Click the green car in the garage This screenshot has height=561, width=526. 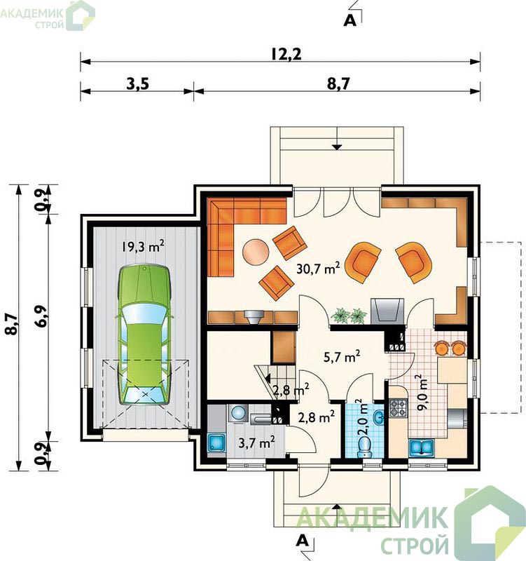144,335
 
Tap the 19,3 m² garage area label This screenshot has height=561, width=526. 143,246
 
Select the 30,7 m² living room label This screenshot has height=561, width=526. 318,268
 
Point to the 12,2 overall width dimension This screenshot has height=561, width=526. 286,55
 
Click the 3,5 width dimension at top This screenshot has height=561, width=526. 137,84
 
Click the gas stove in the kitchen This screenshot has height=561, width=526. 398,408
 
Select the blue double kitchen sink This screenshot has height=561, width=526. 422,447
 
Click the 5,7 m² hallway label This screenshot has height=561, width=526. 341,357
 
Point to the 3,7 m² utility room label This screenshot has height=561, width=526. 256,443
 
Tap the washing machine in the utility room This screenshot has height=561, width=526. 238,413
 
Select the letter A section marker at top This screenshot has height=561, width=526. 349,21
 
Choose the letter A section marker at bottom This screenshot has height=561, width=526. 303,541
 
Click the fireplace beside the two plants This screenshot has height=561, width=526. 388,311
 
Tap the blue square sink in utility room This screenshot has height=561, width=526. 216,443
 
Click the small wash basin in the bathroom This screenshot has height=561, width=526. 378,417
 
